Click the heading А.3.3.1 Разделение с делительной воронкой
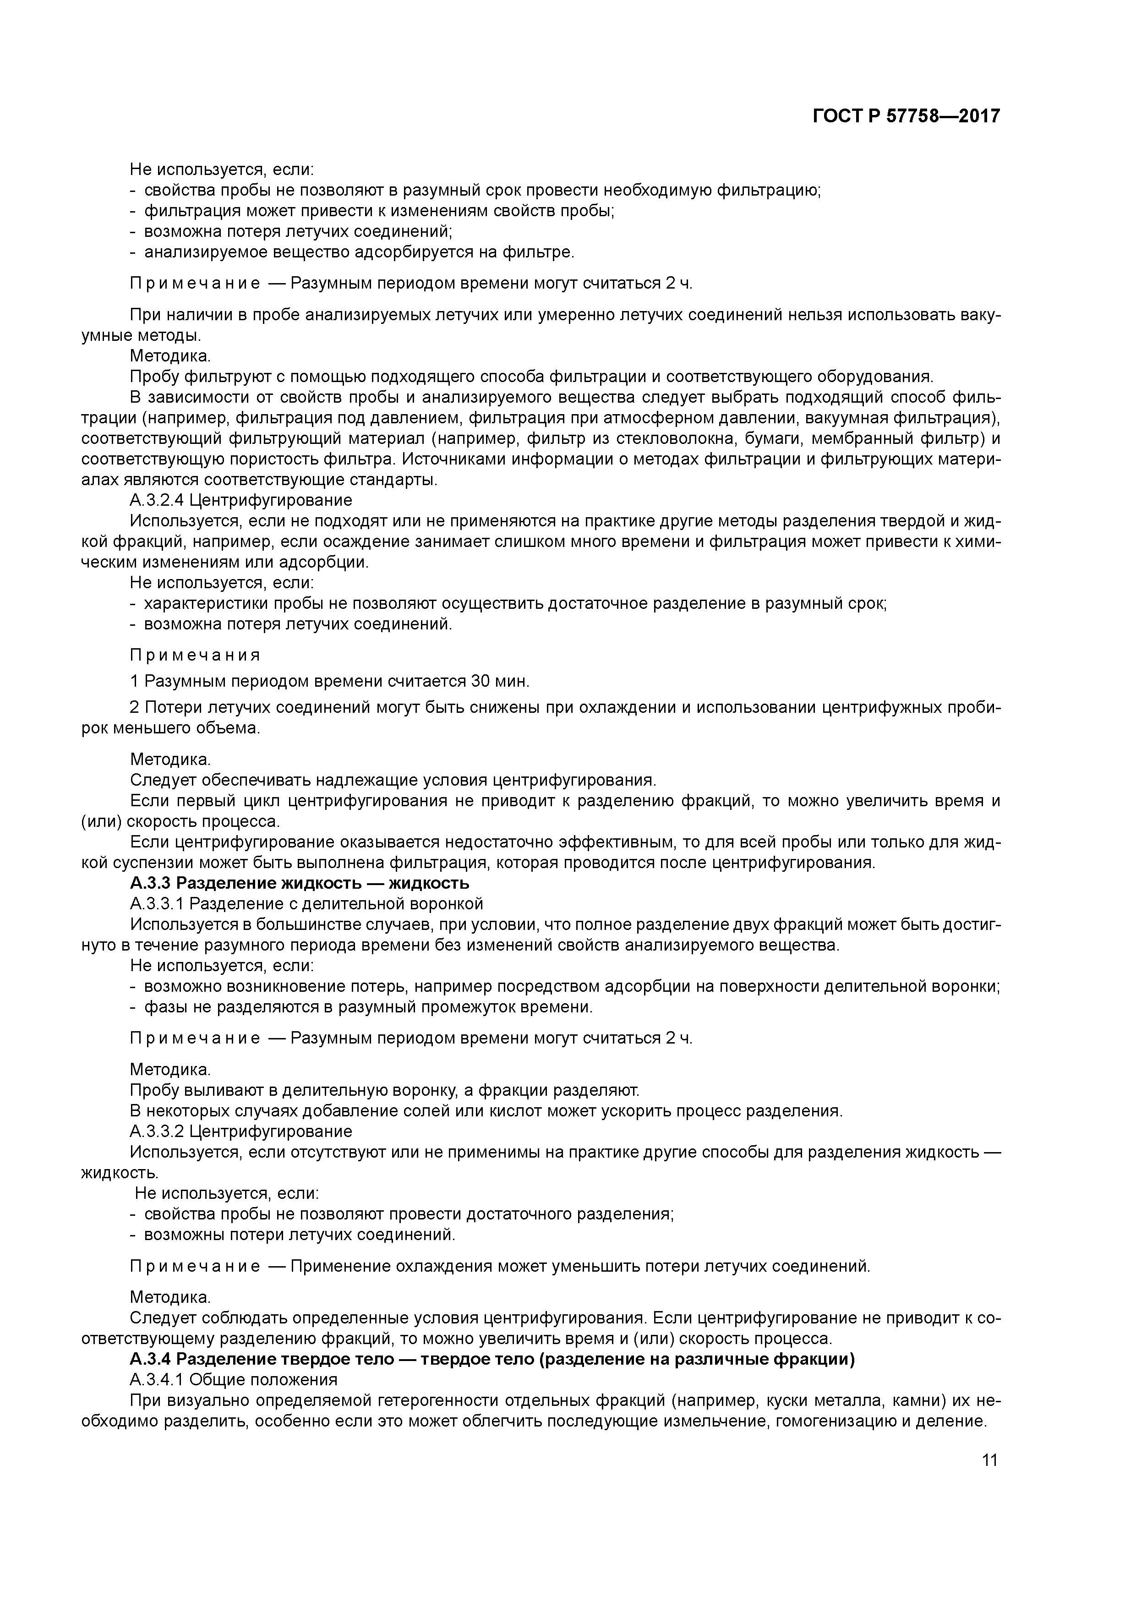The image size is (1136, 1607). click(306, 903)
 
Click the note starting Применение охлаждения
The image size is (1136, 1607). click(579, 1266)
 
